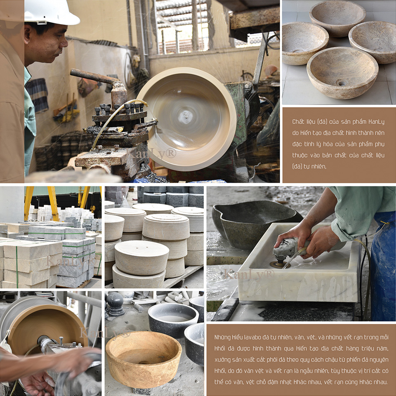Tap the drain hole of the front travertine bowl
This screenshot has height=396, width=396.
[x=342, y=83]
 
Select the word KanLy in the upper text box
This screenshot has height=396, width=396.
[x=376, y=122]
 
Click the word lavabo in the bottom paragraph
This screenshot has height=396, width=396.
[x=252, y=337]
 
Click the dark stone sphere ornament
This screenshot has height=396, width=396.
[x=115, y=301]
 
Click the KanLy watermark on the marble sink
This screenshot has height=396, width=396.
[x=249, y=274]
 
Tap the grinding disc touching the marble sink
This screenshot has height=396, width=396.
[x=276, y=265]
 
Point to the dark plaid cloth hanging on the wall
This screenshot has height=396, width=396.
[x=38, y=95]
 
